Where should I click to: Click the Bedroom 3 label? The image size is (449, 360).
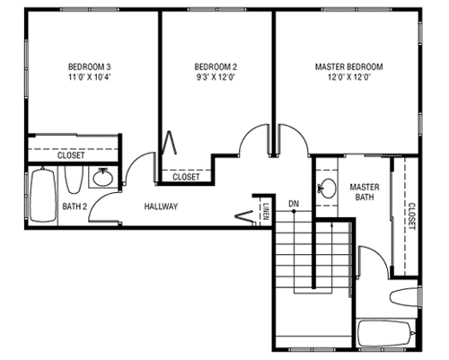[x=89, y=66]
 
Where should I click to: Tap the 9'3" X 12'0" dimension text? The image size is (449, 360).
[x=216, y=77]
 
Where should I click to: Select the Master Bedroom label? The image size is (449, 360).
[x=348, y=66]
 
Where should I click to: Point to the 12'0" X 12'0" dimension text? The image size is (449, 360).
[x=349, y=77]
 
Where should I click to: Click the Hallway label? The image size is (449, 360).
[x=161, y=206]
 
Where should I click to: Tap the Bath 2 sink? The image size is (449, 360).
[x=102, y=178]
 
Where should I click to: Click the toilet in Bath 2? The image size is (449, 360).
[x=74, y=179]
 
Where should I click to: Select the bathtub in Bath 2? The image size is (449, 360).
[x=43, y=195]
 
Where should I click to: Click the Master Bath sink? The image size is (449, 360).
[x=328, y=189]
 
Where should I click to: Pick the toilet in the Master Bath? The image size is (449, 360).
[x=404, y=297]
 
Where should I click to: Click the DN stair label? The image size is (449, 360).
[x=294, y=204]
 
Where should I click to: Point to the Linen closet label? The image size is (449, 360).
[x=266, y=211]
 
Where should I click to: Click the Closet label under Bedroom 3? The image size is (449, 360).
[x=71, y=155]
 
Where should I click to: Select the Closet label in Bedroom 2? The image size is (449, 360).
[x=186, y=177]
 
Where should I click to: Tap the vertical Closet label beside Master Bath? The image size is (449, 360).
[x=412, y=216]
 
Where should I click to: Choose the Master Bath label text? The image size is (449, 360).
[x=365, y=192]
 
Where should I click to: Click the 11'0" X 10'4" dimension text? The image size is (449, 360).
[x=90, y=77]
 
